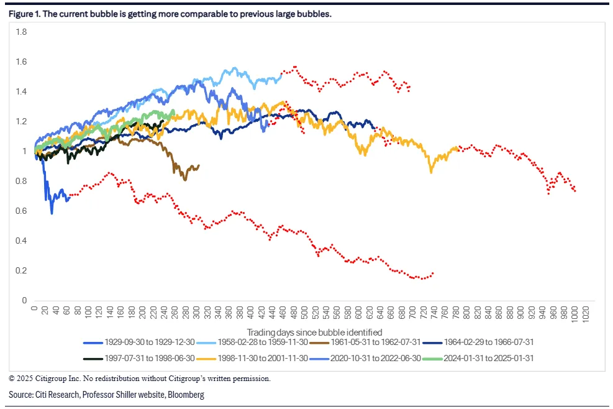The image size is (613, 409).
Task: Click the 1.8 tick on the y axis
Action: click(x=22, y=32)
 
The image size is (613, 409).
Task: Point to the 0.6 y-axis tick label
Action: click(x=22, y=211)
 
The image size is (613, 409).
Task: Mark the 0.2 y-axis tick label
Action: click(x=22, y=271)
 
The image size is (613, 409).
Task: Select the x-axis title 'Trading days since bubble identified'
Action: click(x=314, y=332)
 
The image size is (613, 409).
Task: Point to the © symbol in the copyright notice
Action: click(x=11, y=378)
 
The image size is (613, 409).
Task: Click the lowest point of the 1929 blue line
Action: click(x=52, y=213)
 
